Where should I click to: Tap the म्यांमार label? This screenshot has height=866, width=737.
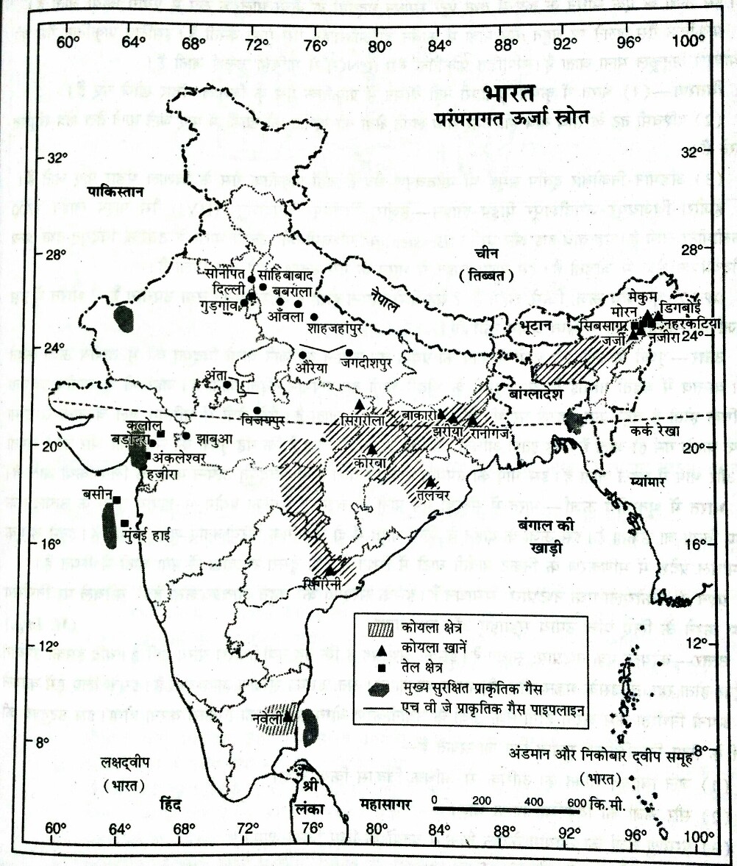tap(647, 481)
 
